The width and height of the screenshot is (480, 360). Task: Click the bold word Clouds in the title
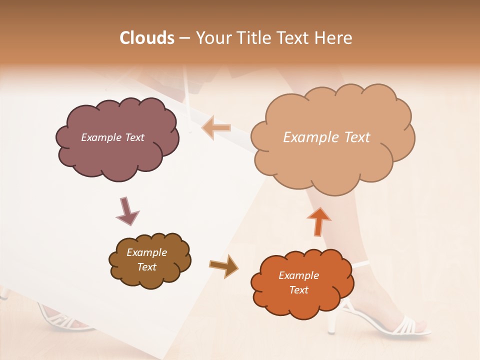(147, 38)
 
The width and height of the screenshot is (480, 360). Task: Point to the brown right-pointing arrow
(223, 265)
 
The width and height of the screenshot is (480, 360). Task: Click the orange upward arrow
(318, 221)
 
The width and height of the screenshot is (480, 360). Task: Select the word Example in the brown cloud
(146, 252)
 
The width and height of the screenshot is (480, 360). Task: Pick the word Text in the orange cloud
(298, 290)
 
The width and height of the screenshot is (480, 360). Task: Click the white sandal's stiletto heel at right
(331, 322)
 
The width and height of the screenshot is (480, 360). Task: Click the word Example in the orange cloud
(298, 275)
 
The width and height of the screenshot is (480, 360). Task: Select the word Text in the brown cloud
(146, 267)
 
